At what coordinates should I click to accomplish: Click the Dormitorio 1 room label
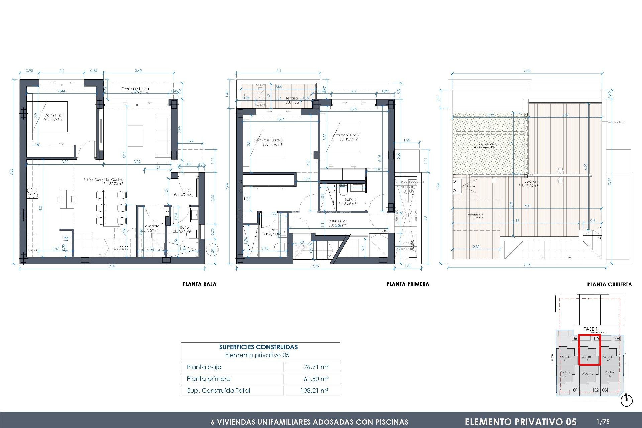54,115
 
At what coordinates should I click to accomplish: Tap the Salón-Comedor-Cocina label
103,180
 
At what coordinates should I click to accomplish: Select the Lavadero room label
151,226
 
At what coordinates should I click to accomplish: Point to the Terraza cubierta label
135,89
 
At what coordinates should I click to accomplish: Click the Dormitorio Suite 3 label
268,140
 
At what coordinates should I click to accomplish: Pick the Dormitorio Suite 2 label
345,135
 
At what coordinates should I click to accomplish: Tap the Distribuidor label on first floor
337,221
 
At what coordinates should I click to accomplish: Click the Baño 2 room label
350,199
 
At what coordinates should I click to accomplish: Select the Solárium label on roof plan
531,181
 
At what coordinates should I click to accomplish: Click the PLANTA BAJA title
200,284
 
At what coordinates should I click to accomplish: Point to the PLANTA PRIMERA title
408,284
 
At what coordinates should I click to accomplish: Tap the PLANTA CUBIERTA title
609,285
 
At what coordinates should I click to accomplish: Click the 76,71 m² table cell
316,367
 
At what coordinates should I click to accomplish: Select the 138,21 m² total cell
314,390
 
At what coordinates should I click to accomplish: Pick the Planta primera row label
209,379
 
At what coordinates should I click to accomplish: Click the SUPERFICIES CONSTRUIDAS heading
258,347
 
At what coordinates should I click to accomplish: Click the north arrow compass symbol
626,400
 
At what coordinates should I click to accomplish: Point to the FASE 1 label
590,329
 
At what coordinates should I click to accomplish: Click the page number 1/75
603,422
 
